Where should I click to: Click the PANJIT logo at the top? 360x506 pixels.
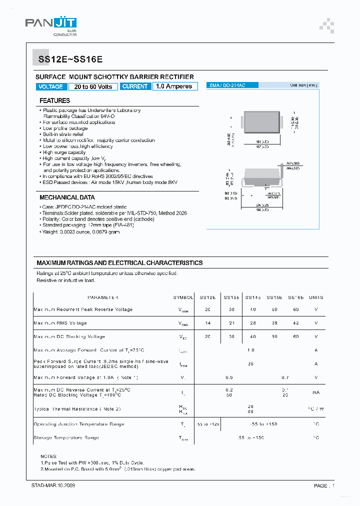click(51, 25)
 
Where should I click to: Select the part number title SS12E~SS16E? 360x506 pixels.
click(70, 59)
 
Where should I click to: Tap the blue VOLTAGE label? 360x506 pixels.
click(51, 86)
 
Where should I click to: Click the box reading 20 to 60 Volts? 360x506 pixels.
click(93, 86)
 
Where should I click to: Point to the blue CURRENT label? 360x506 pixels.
click(135, 86)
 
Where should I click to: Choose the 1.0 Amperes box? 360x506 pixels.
click(174, 86)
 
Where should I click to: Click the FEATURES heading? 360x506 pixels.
click(54, 100)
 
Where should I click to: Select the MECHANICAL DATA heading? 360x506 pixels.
click(67, 197)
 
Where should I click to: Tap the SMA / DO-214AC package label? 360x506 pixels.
click(227, 85)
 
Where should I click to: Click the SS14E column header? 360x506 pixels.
click(253, 297)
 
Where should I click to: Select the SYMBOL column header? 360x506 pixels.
click(183, 297)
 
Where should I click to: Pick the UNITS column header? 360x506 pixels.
click(316, 297)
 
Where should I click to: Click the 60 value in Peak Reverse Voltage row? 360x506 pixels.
click(295, 309)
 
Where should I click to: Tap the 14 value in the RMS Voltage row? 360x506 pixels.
click(207, 323)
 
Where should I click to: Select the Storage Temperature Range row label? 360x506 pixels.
click(66, 437)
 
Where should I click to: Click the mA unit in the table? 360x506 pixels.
click(316, 392)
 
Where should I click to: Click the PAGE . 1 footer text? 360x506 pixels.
click(324, 485)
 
